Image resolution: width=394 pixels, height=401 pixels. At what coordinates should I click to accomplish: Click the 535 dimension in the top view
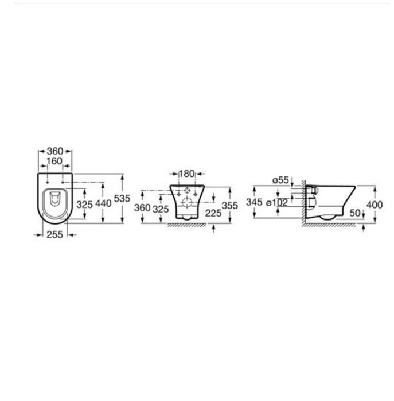click(x=122, y=198)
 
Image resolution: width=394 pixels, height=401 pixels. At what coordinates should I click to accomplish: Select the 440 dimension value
click(x=103, y=203)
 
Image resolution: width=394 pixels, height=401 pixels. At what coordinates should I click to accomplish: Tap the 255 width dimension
click(x=55, y=234)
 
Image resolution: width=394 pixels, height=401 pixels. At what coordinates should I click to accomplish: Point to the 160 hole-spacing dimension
click(x=55, y=161)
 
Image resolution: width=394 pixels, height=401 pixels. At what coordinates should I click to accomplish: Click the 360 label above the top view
click(x=55, y=151)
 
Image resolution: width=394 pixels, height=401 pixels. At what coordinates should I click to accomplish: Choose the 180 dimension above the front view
click(x=186, y=174)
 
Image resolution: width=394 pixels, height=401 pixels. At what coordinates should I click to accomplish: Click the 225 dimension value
click(x=213, y=213)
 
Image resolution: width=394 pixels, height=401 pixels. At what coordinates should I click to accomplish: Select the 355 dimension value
click(x=229, y=205)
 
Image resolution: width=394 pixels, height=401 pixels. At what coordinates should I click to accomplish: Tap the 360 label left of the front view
click(x=142, y=207)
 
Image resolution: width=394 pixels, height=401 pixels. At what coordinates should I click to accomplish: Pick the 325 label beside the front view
click(x=161, y=209)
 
